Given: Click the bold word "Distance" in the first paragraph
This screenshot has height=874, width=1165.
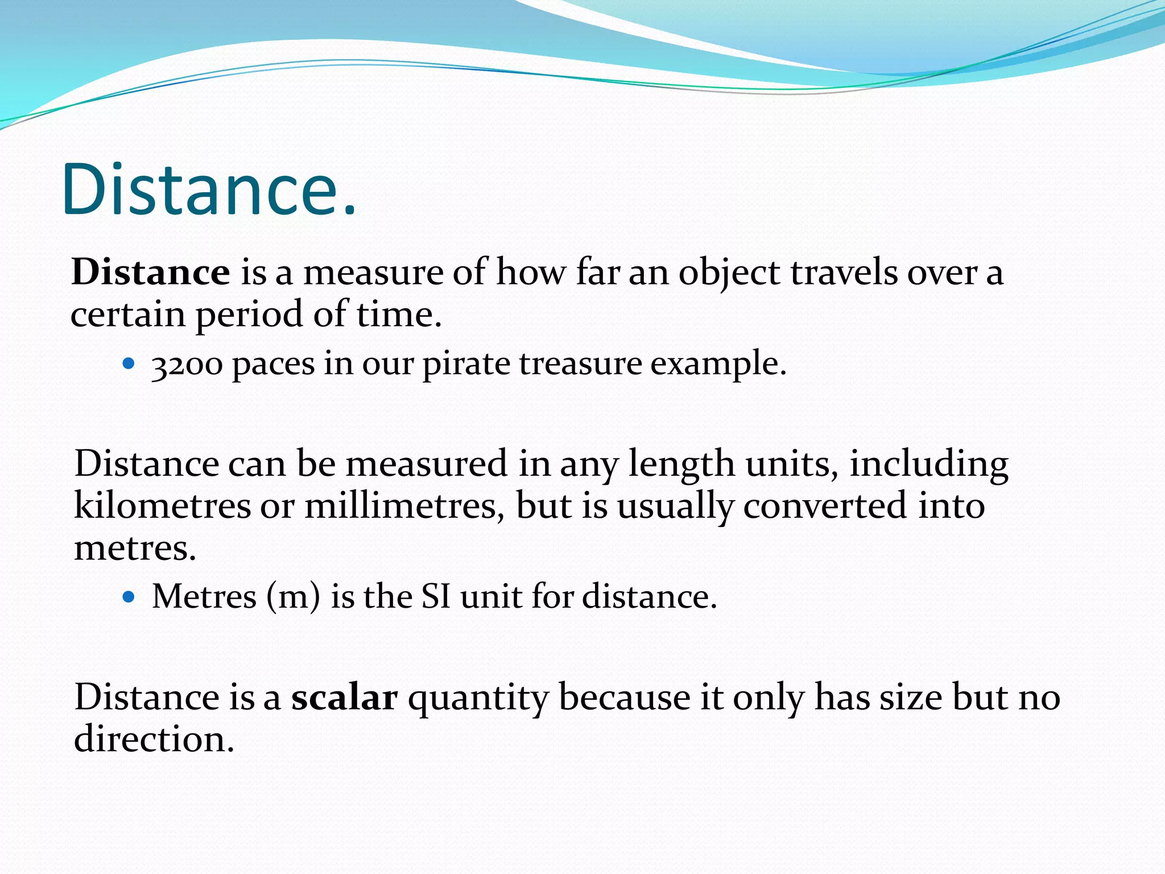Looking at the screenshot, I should (x=151, y=272).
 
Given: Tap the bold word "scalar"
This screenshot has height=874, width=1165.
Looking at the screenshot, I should (x=344, y=697).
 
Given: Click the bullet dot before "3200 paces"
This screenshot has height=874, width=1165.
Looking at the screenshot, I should (x=129, y=363).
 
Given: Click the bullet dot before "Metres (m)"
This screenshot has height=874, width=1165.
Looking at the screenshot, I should (x=129, y=596).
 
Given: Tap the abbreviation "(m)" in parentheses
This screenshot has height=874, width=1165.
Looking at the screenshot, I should (x=293, y=597).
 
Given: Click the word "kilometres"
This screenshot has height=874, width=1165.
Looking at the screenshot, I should (x=162, y=505).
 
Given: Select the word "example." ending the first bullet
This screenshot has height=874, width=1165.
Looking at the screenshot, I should (x=718, y=364).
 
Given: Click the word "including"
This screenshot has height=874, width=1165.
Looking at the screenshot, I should (x=929, y=464).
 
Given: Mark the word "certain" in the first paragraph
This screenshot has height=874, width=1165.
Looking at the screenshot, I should (x=128, y=314).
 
